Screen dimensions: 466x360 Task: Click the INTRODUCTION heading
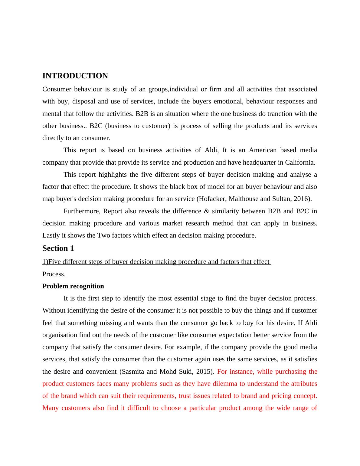[75, 76]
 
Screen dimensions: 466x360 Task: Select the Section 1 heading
[58, 248]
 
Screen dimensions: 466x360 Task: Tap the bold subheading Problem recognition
[73, 286]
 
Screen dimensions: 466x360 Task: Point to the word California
[299, 162]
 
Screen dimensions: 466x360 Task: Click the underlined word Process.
[54, 274]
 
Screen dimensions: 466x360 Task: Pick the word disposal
[83, 101]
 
